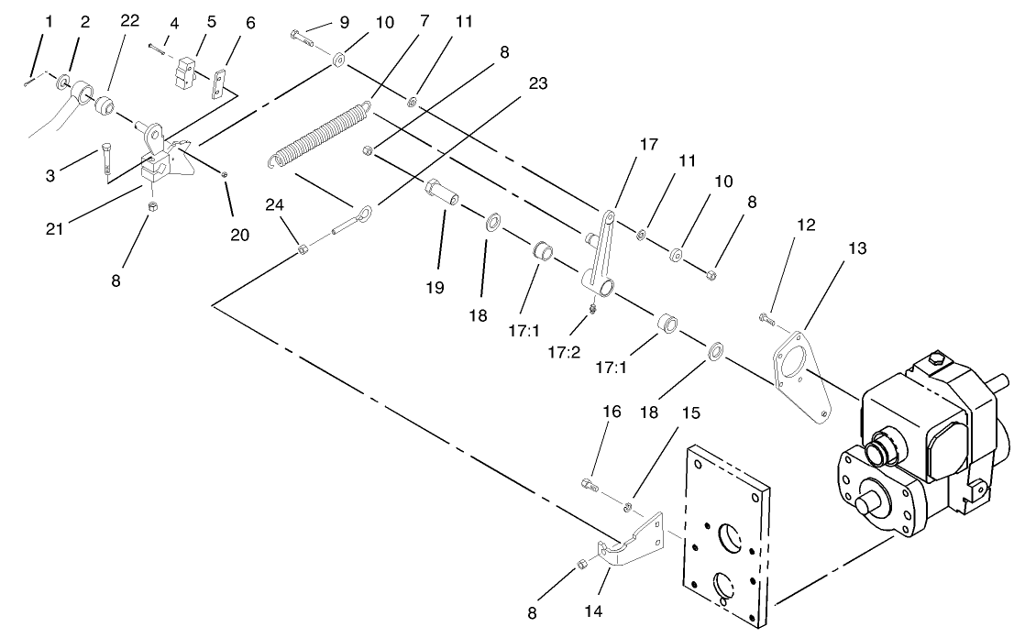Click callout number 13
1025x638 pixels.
pyautogui.click(x=856, y=248)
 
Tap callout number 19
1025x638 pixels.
pyautogui.click(x=435, y=288)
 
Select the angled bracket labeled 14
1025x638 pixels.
pyautogui.click(x=633, y=545)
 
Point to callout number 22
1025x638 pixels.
pyautogui.click(x=130, y=21)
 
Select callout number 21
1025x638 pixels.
pyautogui.click(x=55, y=228)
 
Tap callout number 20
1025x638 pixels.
pyautogui.click(x=239, y=235)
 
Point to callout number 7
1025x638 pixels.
pyautogui.click(x=425, y=21)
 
